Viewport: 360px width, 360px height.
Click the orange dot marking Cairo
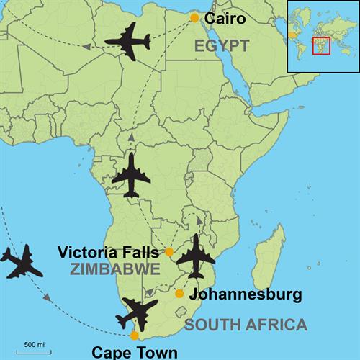tap(194, 18)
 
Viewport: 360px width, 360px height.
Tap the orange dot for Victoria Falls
tap(169, 252)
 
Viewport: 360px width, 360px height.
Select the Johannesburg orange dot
tap(179, 293)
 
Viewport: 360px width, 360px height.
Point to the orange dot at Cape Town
tap(134, 336)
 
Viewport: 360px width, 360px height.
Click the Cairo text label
tap(225, 18)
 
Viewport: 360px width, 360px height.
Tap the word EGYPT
tap(221, 46)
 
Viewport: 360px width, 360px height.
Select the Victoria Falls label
tap(109, 253)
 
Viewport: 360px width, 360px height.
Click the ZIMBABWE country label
tap(114, 269)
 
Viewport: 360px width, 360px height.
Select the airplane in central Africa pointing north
tap(132, 175)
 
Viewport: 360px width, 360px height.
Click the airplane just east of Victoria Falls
tap(196, 256)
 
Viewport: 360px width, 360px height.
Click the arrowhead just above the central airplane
tap(131, 137)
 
